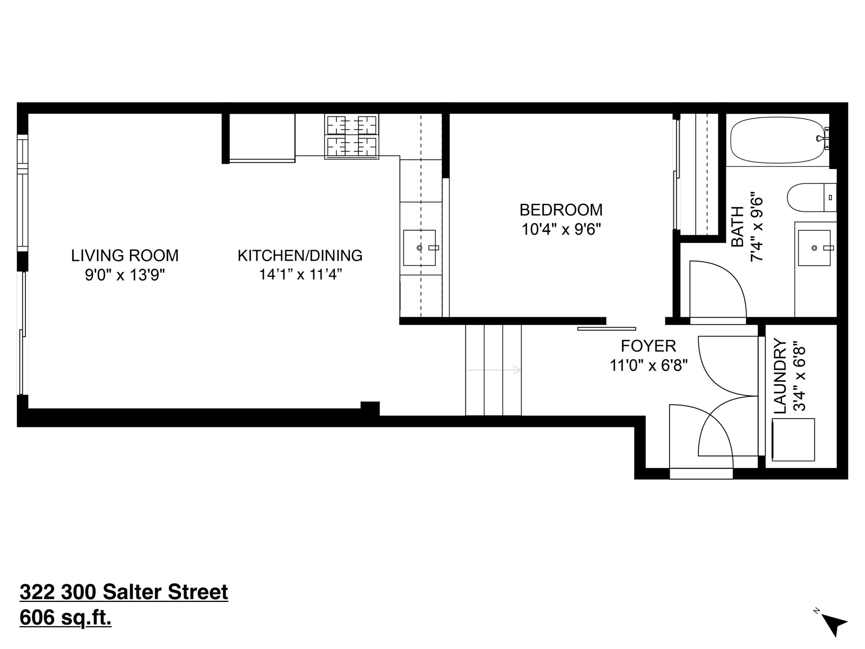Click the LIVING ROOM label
tap(125, 256)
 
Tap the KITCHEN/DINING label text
tap(300, 256)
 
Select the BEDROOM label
tap(561, 210)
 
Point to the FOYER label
tap(648, 346)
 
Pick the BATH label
tap(738, 227)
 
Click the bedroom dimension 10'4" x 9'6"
tap(561, 230)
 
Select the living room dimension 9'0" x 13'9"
tap(125, 275)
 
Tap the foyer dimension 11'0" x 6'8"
tap(648, 366)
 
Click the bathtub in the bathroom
tap(778, 140)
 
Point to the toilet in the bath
tap(811, 198)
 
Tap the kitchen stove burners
tap(351, 136)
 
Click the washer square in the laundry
tap(793, 440)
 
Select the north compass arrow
tap(834, 627)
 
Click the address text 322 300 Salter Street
tap(124, 592)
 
